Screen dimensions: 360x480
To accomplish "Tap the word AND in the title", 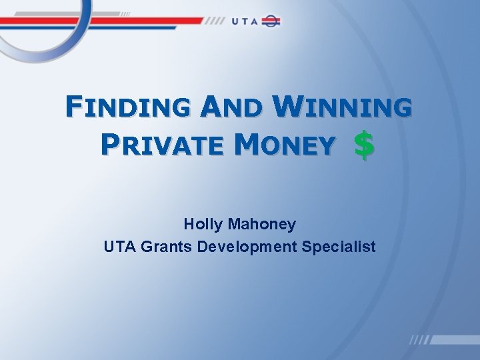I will (234, 107).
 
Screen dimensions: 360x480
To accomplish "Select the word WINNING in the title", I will (343, 107).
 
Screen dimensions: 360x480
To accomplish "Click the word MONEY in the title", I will (287, 144).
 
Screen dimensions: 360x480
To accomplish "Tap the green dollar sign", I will (363, 145).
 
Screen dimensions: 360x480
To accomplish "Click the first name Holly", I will (202, 225).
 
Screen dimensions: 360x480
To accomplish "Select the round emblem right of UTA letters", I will (271, 21).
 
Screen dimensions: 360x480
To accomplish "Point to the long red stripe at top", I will (100, 21).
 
